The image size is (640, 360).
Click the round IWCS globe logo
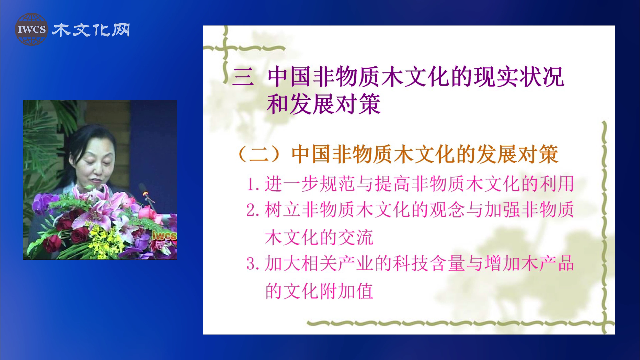pyautogui.click(x=32, y=29)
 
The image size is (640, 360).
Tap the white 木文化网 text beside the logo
pyautogui.click(x=91, y=30)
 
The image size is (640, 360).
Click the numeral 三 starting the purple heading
pyautogui.click(x=243, y=77)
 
